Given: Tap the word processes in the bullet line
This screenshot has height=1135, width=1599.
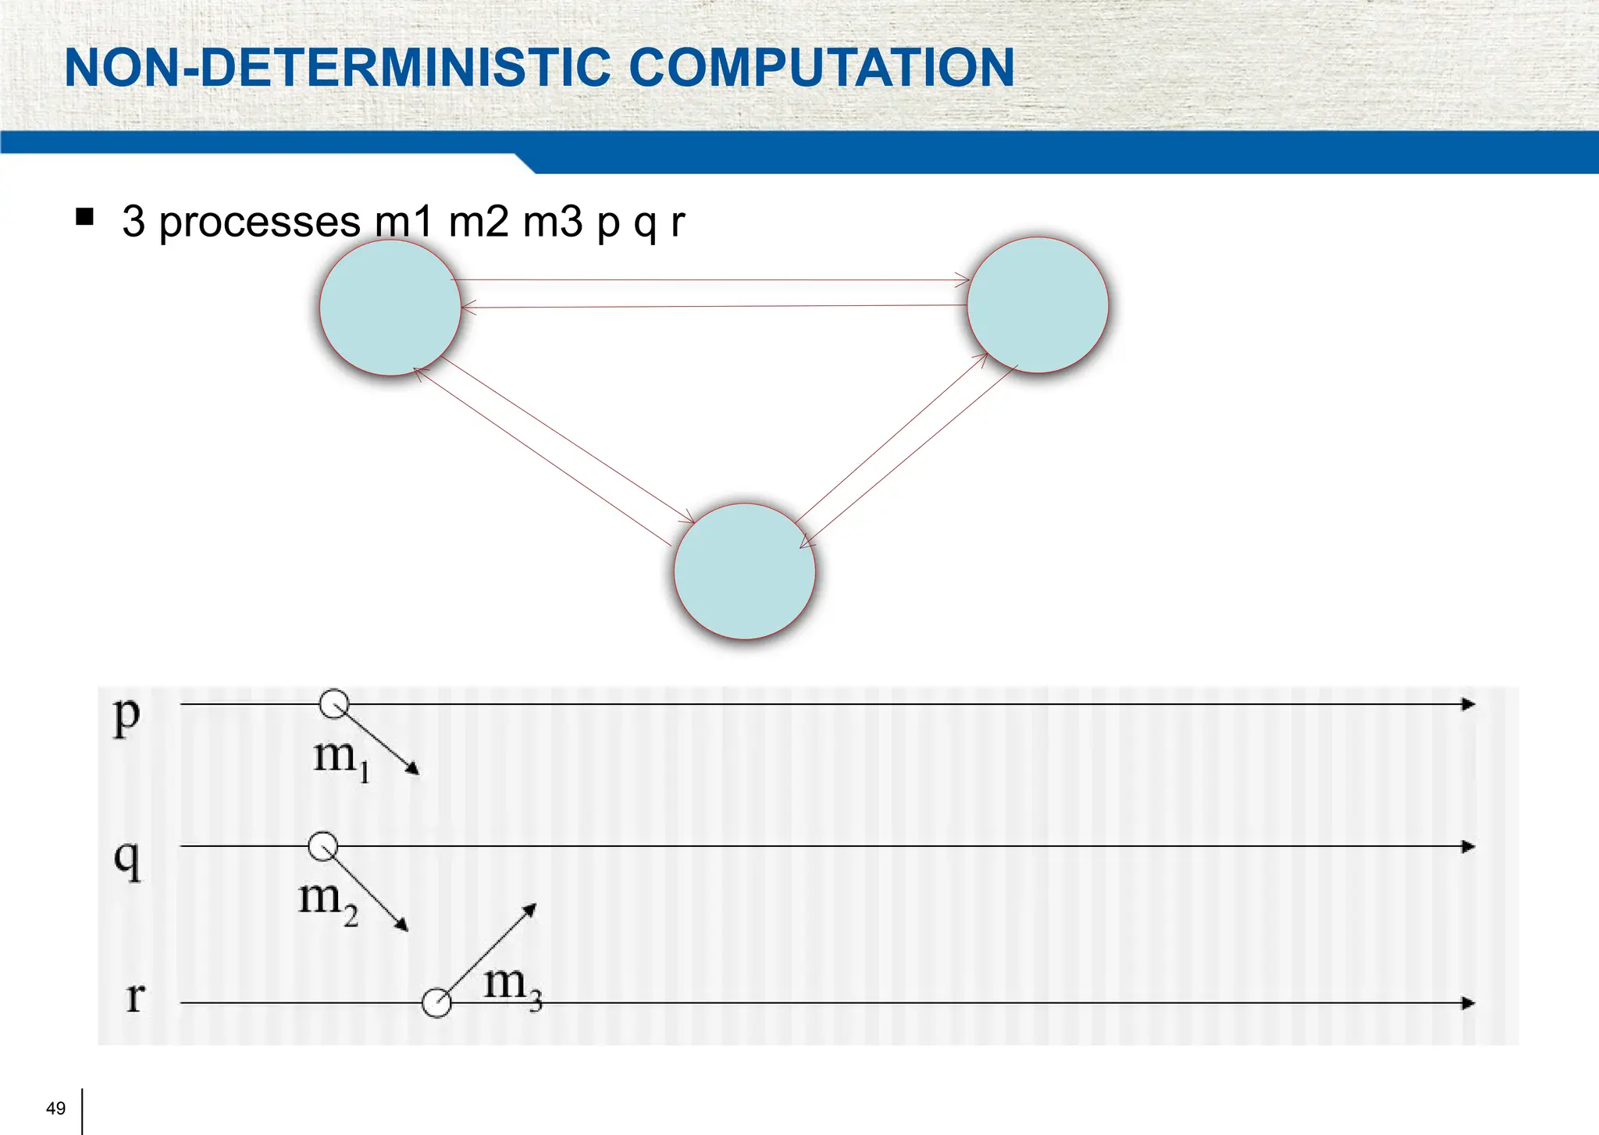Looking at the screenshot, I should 259,222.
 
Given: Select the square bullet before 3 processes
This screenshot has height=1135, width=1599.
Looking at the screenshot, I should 85,216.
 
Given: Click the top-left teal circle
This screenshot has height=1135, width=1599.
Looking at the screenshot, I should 390,308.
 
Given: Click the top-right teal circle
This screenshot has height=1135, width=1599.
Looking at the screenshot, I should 1038,305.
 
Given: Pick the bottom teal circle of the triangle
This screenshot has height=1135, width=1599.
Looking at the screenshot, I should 744,571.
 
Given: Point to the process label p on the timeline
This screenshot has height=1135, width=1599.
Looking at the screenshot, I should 126,714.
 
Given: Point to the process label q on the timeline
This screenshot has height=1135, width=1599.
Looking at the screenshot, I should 127,859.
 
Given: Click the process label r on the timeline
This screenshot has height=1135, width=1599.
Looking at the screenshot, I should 135,998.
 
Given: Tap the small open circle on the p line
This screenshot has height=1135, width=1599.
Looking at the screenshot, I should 334,704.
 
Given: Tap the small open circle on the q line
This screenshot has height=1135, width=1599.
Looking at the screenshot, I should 323,846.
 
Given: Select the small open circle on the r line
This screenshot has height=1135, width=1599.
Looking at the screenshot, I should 436,1003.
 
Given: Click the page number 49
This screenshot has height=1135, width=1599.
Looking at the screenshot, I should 56,1108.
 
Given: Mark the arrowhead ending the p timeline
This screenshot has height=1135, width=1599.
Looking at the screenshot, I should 1468,704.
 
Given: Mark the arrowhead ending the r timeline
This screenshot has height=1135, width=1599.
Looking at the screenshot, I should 1468,1003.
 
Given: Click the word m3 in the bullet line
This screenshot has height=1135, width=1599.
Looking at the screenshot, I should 553,222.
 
